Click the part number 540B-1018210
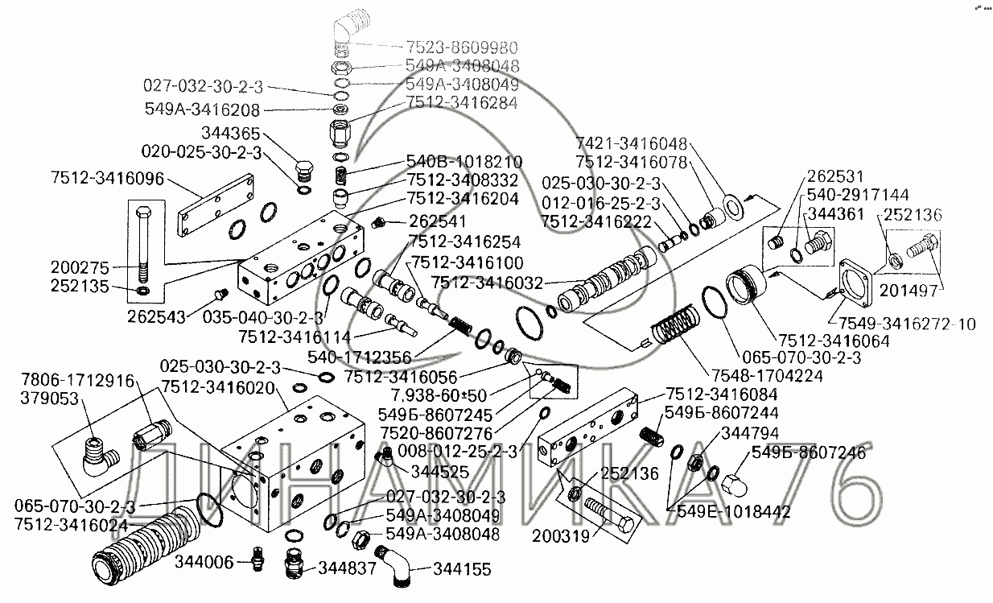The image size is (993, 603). coord(464,161)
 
